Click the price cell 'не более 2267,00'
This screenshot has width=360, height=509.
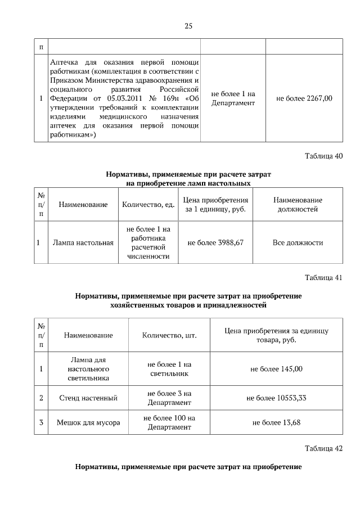304,98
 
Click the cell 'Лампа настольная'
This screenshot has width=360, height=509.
83,243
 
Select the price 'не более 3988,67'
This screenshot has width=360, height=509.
215,243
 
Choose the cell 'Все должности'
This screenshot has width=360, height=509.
298,243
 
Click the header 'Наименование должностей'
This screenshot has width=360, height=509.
298,205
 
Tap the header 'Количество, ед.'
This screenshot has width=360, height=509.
148,205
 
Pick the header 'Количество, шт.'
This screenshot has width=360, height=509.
169,335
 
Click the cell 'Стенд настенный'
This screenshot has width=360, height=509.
88,398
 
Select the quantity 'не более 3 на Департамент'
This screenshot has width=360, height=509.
169,398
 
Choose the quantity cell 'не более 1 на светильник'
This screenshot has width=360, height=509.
169,369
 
